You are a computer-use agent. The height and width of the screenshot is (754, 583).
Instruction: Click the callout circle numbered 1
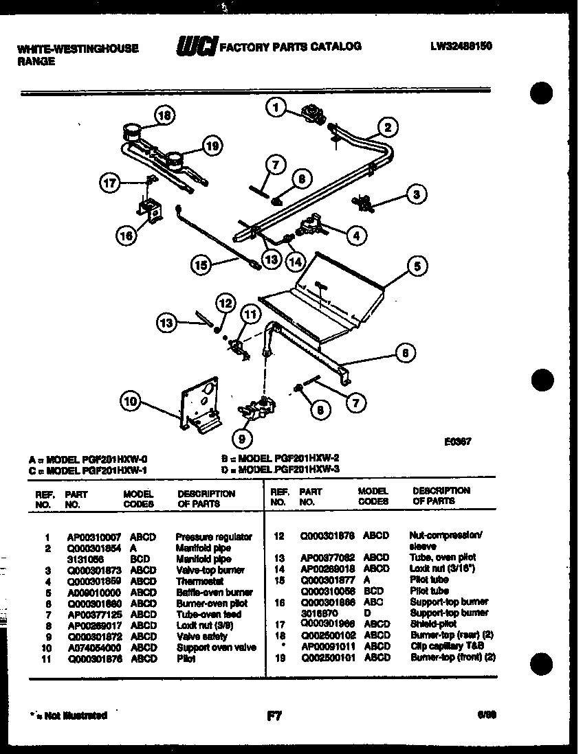pos(276,108)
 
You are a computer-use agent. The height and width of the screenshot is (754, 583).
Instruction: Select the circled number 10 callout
pos(131,402)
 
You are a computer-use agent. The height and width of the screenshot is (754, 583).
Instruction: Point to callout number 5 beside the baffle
pos(417,265)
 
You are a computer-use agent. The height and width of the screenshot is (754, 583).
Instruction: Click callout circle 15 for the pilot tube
pos(201,266)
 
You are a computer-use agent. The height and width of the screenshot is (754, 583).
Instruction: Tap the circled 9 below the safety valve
pos(242,437)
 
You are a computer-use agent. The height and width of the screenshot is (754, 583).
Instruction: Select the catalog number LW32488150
pos(462,46)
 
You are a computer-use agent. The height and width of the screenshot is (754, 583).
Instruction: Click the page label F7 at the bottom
pos(274,716)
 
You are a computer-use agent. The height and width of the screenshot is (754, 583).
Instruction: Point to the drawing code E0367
pos(456,444)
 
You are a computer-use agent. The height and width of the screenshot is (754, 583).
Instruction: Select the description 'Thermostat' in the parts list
pos(195,581)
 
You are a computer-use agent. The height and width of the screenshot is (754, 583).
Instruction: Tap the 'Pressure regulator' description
pos(214,537)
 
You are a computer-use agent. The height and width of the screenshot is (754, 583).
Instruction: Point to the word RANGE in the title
pos(36,60)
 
